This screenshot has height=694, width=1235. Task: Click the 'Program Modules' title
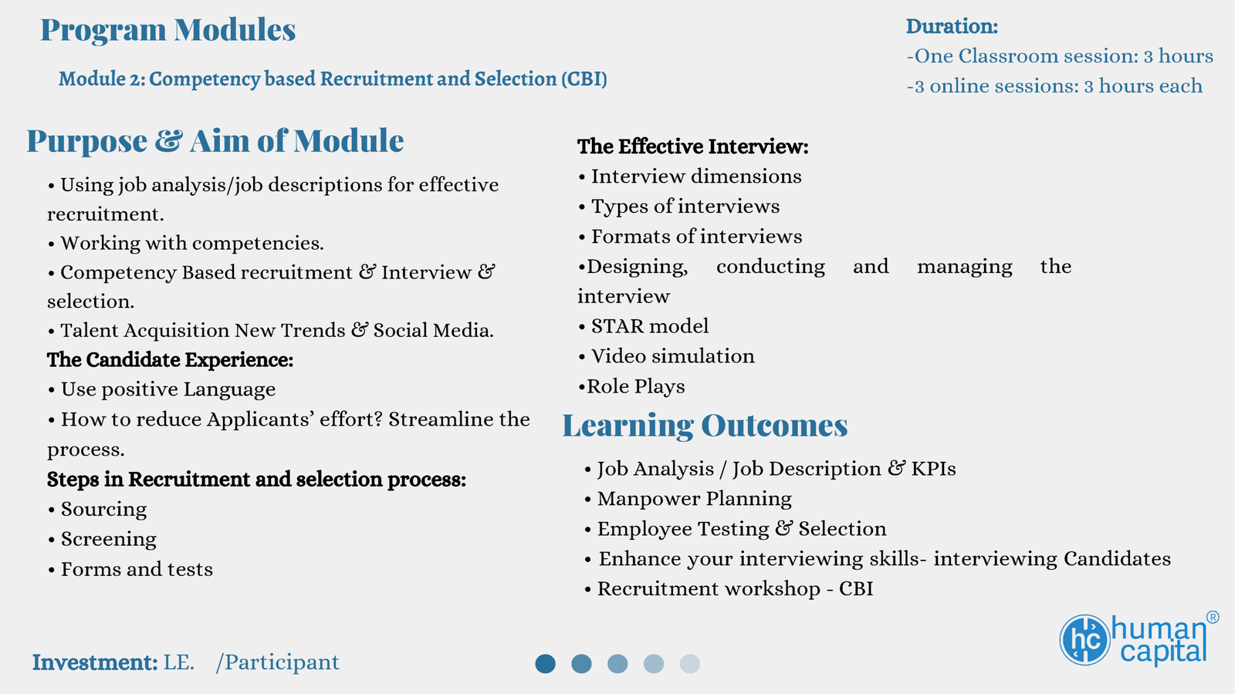click(x=168, y=30)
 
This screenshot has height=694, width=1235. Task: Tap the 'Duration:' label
click(x=952, y=26)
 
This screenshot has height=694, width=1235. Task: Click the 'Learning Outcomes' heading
click(x=705, y=426)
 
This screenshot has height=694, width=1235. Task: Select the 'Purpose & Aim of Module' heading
click(x=215, y=140)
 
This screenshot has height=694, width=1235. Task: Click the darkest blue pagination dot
click(x=545, y=664)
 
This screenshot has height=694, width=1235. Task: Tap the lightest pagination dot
click(x=690, y=664)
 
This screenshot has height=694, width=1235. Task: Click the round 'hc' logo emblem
click(x=1084, y=640)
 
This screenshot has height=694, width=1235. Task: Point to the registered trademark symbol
click(x=1213, y=618)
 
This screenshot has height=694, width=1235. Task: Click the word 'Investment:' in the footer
click(x=95, y=662)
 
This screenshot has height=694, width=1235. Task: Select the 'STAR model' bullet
click(x=644, y=326)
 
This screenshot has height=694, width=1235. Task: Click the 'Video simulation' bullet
click(x=667, y=356)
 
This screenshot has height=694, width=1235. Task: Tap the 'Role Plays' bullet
click(x=632, y=386)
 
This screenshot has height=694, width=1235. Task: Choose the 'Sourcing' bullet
click(x=97, y=510)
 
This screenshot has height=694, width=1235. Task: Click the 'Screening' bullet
click(x=103, y=539)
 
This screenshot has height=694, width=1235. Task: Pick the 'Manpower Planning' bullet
click(x=689, y=499)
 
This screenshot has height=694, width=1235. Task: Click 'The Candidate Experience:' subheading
click(x=171, y=359)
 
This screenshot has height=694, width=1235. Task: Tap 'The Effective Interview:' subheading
click(x=693, y=147)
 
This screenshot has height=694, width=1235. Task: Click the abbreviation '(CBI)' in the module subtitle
click(x=584, y=79)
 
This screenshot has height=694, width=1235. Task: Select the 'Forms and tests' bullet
click(x=130, y=569)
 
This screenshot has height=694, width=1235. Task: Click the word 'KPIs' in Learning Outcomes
click(x=933, y=469)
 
